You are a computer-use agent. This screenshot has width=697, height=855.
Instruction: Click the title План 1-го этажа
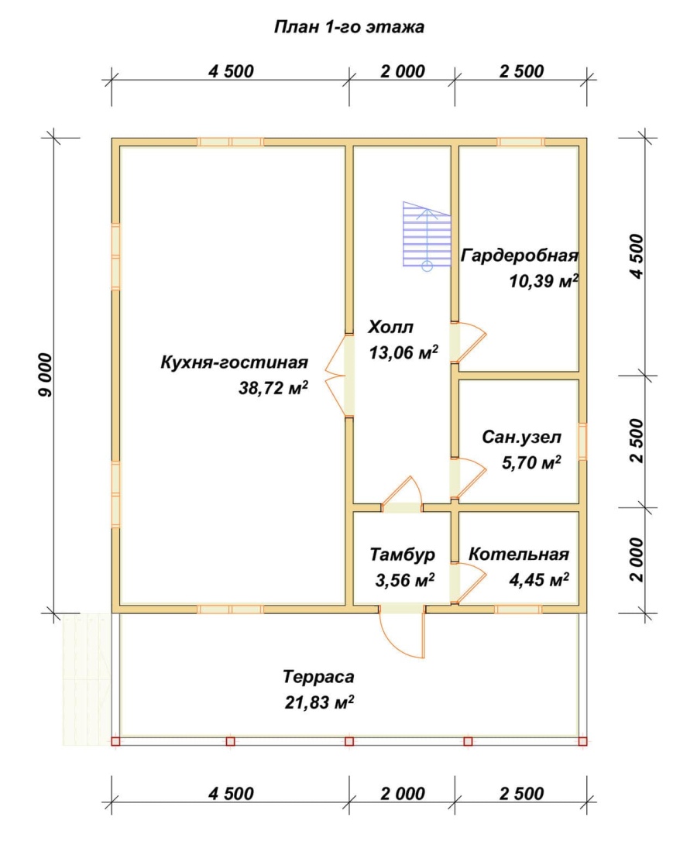pyautogui.click(x=348, y=28)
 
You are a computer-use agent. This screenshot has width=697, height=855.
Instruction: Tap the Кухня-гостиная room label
pyautogui.click(x=235, y=362)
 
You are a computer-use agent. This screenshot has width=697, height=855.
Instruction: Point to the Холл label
pyautogui.click(x=391, y=325)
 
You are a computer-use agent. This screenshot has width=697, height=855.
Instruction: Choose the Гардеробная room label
pyautogui.click(x=520, y=256)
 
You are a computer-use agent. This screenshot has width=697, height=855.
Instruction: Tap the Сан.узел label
pyautogui.click(x=520, y=438)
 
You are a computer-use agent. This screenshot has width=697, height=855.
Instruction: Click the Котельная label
pyautogui.click(x=519, y=555)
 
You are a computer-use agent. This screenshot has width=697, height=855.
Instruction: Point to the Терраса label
pyautogui.click(x=318, y=677)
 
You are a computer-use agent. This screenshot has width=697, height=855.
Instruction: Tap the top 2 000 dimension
pyautogui.click(x=402, y=72)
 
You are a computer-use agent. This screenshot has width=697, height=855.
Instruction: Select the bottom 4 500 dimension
pyautogui.click(x=231, y=794)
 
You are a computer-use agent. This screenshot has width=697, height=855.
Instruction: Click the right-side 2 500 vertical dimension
pyautogui.click(x=637, y=440)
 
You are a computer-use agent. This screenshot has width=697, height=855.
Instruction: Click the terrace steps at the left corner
pyautogui.click(x=86, y=678)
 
